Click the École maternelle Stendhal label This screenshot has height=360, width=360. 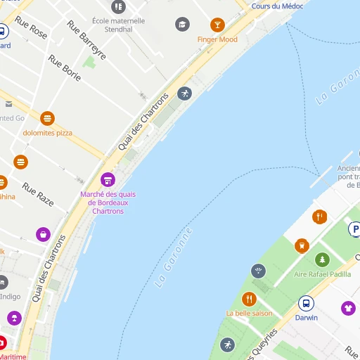pyautogui.click(x=118, y=25)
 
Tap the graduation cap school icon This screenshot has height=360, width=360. pyautogui.click(x=183, y=25)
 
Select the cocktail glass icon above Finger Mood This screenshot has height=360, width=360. pyautogui.click(x=217, y=25)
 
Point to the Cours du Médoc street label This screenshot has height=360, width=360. pyautogui.click(x=277, y=6)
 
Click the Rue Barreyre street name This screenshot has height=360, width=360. pyautogui.click(x=86, y=40)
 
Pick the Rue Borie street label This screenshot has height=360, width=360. pyautogui.click(x=65, y=69)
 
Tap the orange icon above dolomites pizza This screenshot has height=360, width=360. pyautogui.click(x=48, y=118)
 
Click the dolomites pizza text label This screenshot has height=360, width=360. pyautogui.click(x=48, y=132)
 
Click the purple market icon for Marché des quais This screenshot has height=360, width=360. pyautogui.click(x=108, y=180)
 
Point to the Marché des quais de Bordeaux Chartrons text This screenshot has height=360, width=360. pyautogui.click(x=108, y=202)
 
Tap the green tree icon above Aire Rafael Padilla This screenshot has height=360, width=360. pyautogui.click(x=322, y=259)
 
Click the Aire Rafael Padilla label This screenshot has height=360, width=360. pyautogui.click(x=322, y=274)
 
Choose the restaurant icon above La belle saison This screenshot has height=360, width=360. pyautogui.click(x=249, y=299)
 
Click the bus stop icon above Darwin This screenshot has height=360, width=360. pyautogui.click(x=306, y=303)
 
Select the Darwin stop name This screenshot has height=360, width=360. pyautogui.click(x=306, y=318)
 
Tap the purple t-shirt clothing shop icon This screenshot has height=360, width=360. pyautogui.click(x=348, y=308)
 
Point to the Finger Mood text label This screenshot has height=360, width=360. pyautogui.click(x=217, y=39)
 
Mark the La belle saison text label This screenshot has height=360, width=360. pyautogui.click(x=249, y=313)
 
